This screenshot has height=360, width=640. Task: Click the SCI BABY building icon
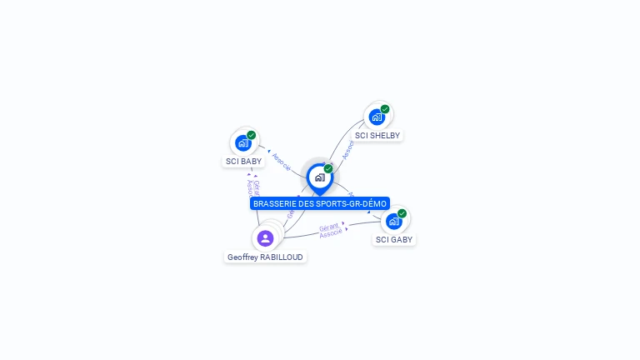pyautogui.click(x=243, y=142)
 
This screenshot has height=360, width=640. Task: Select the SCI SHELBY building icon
pyautogui.click(x=377, y=117)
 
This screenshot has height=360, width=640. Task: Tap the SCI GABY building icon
pyautogui.click(x=393, y=222)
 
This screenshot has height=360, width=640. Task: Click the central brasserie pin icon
pyautogui.click(x=319, y=177)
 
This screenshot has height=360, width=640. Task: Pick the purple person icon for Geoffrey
pyautogui.click(x=265, y=238)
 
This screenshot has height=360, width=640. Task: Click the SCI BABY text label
pyautogui.click(x=243, y=162)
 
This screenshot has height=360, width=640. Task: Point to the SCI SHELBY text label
pyautogui.click(x=377, y=136)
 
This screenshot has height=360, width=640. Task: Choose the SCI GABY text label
pyautogui.click(x=394, y=240)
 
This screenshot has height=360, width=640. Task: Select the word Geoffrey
pyautogui.click(x=242, y=257)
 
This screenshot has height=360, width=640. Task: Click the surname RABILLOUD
pyautogui.click(x=282, y=257)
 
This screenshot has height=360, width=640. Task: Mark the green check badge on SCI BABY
pyautogui.click(x=251, y=135)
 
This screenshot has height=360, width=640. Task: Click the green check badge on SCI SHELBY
pyautogui.click(x=385, y=109)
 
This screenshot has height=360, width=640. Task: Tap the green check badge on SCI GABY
pyautogui.click(x=402, y=213)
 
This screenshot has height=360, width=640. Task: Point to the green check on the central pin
pyautogui.click(x=328, y=168)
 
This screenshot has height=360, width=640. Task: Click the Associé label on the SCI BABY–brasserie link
pyautogui.click(x=282, y=161)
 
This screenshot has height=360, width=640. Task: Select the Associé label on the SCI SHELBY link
pyautogui.click(x=348, y=149)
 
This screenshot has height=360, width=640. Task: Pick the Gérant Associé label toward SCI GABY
pyautogui.click(x=330, y=229)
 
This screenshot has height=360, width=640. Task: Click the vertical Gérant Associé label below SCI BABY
pyautogui.click(x=252, y=187)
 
